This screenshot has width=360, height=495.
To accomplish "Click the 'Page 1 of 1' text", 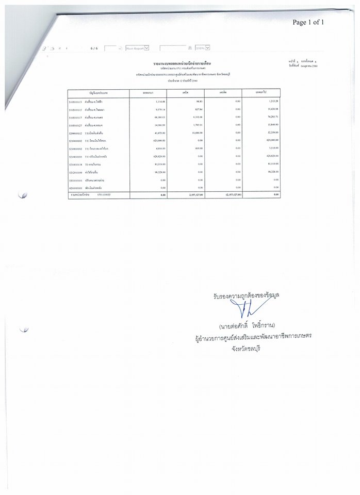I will pos(308,22).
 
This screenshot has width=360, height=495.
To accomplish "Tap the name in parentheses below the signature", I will pos(251,326).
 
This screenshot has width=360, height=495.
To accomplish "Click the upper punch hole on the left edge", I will pos(22,194).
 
